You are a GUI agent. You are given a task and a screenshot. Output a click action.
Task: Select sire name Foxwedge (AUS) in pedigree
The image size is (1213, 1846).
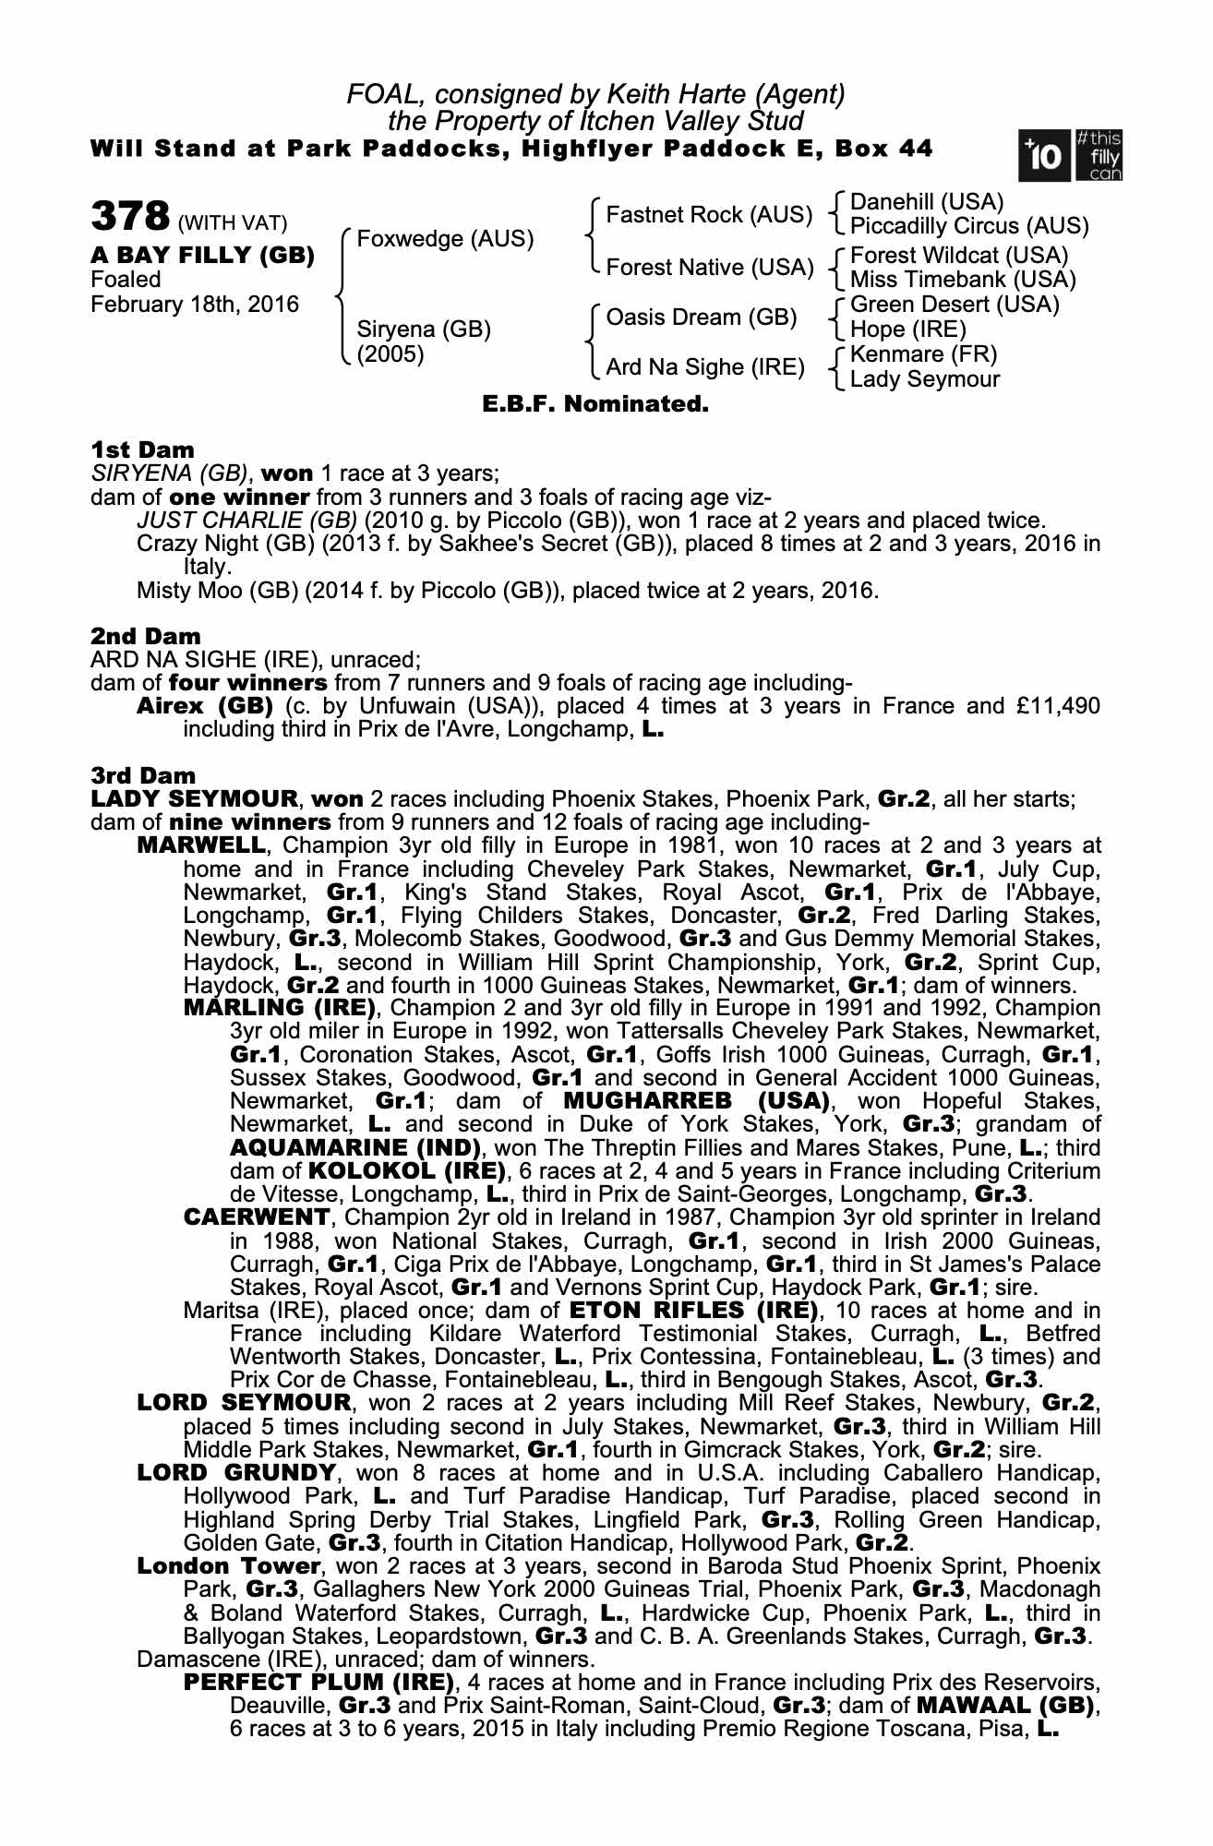point(445,239)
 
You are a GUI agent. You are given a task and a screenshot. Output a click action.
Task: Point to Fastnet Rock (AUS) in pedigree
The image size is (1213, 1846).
point(708,215)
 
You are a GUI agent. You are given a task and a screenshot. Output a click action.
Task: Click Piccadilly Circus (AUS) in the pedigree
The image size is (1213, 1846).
point(968,226)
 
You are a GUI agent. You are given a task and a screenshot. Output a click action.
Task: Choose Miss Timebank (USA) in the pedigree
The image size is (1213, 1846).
point(962,279)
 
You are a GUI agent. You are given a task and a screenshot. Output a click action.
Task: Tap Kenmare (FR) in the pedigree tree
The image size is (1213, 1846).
point(923,354)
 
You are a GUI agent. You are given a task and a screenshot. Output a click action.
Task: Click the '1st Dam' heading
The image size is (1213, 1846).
point(142,450)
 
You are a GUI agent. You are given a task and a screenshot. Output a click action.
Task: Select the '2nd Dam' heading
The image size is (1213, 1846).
point(145,636)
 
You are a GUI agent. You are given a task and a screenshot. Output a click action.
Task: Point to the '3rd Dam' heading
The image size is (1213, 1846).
point(143,775)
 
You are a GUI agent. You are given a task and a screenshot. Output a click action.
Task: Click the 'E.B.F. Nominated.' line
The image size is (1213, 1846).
point(595,404)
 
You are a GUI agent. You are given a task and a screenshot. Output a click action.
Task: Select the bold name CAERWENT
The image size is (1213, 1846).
point(256,1217)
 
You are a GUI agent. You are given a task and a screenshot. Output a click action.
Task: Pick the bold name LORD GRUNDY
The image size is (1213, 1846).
point(235,1473)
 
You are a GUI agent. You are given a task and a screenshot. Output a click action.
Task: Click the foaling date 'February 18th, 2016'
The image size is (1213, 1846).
point(195,304)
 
